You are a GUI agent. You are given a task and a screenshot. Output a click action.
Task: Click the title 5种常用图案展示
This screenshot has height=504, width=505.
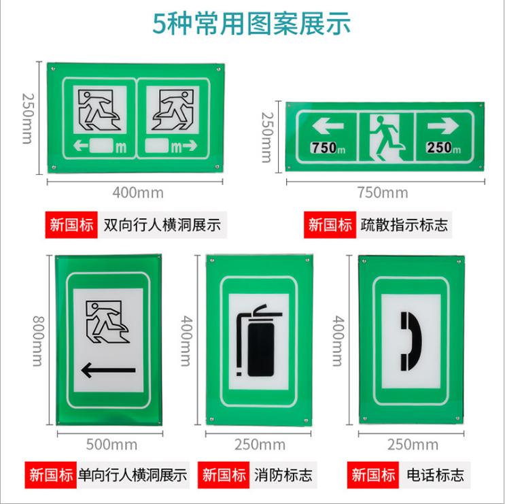252,24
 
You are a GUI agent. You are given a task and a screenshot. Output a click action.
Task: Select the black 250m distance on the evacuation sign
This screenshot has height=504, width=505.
443,147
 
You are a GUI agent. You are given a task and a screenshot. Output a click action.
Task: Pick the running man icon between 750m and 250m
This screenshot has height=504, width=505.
385,136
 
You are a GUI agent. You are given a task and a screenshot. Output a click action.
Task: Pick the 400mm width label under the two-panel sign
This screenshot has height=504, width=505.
139,192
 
